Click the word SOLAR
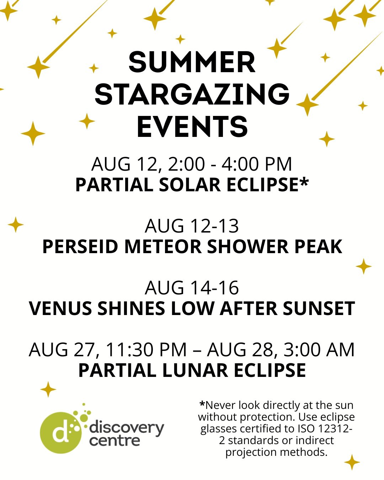click(190, 185)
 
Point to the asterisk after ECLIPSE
click(304, 182)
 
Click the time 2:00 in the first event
click(186, 164)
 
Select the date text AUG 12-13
click(192, 226)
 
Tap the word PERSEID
click(80, 247)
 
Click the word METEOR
click(163, 247)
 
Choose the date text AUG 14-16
click(192, 288)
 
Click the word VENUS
click(60, 309)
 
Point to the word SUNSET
click(319, 309)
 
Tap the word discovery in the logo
click(127, 428)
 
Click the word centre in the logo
click(115, 441)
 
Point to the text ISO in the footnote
click(307, 428)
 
